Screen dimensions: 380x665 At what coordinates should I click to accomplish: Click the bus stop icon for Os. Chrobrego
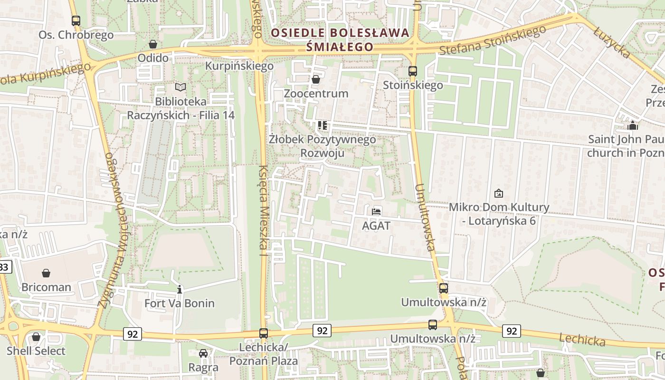(76, 21)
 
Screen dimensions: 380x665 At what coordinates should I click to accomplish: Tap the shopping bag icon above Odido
(153, 44)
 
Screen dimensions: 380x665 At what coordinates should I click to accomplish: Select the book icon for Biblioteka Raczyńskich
(180, 87)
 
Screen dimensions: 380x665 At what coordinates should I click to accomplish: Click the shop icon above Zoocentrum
(316, 79)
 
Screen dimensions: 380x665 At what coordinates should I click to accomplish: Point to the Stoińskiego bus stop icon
(413, 71)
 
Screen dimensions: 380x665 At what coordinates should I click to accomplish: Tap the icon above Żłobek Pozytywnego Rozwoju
(323, 125)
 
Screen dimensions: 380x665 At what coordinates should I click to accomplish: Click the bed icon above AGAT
(376, 211)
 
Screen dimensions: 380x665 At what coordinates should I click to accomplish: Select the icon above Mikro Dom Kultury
(499, 193)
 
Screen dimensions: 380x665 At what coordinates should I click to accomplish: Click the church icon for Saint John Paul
(632, 125)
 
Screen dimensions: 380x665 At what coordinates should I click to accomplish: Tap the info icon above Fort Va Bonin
(180, 289)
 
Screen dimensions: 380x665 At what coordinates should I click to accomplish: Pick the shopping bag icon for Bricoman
(46, 273)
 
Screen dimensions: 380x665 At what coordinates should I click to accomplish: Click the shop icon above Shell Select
(36, 337)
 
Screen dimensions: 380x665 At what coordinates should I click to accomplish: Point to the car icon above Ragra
(203, 353)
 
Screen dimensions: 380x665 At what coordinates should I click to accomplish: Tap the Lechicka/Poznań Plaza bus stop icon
(264, 333)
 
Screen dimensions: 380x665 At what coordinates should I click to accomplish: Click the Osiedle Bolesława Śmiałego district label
(340, 40)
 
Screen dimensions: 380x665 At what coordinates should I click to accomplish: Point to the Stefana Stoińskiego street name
(493, 40)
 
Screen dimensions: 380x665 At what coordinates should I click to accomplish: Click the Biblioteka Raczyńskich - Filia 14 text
(180, 108)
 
